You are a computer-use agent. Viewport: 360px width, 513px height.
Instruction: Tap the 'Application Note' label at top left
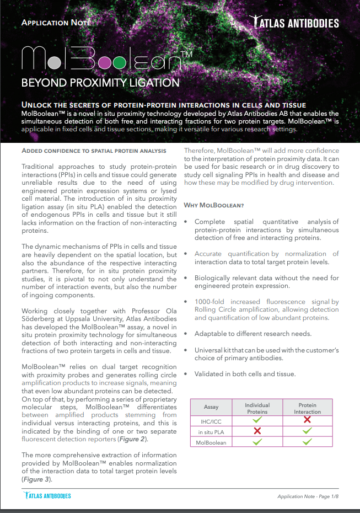(x=55, y=23)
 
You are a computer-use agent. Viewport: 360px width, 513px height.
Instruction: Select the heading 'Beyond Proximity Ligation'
(x=100, y=83)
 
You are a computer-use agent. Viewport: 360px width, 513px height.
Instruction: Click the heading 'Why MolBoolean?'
(x=213, y=205)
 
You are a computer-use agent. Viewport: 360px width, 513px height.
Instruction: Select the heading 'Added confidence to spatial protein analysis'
(x=93, y=151)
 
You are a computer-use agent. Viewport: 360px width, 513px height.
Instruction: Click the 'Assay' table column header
(x=211, y=407)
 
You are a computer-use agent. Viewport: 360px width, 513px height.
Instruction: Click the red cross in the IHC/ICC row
(x=307, y=420)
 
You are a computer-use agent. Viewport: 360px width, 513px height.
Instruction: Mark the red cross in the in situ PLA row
(x=257, y=431)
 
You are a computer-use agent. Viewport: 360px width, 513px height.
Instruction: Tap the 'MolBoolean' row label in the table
(x=211, y=442)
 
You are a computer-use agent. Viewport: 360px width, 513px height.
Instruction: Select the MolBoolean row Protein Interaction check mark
(x=307, y=442)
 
